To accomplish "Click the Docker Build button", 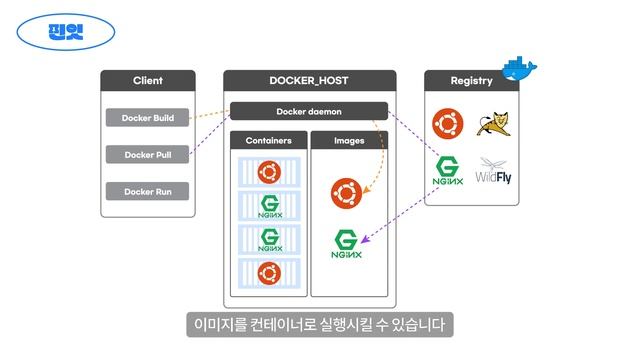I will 148,118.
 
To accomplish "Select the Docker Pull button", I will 148,155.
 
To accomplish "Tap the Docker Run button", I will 148,191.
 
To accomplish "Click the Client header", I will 148,80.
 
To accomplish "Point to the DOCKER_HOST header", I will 309,80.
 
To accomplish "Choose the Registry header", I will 471,80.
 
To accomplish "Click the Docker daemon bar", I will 308,111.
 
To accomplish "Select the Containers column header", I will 267,141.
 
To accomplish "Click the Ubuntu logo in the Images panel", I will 346,192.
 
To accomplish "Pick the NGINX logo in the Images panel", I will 346,244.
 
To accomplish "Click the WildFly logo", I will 495,172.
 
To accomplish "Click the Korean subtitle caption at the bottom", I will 320,325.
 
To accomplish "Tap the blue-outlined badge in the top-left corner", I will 66,30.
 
